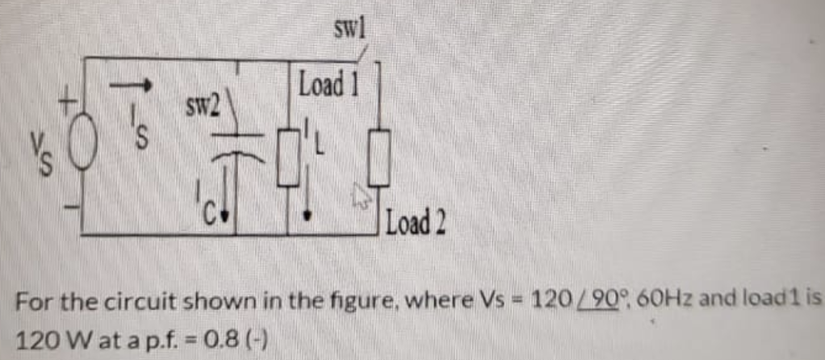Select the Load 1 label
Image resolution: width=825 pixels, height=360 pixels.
click(327, 84)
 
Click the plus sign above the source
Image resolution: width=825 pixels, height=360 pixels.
click(72, 101)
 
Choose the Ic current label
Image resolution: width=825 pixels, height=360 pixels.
click(209, 207)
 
